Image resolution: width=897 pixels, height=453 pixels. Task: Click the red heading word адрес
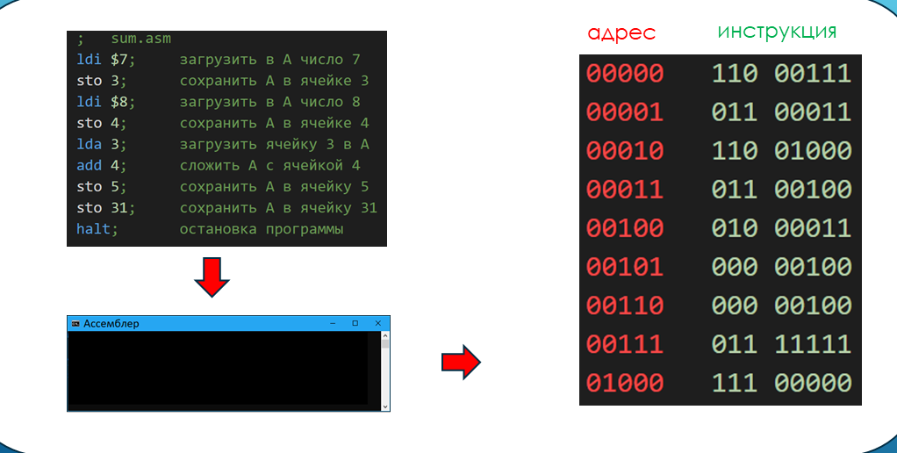tap(621, 33)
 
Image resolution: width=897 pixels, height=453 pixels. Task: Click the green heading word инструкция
tap(777, 32)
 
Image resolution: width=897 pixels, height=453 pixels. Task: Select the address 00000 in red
tap(625, 74)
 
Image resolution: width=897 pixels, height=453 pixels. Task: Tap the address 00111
tap(625, 344)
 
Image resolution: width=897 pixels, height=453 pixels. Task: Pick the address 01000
tap(625, 383)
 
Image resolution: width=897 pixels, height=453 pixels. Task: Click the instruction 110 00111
tap(781, 74)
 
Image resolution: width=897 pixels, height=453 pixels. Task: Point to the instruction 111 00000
tap(781, 383)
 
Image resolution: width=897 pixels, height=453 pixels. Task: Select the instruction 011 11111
tap(781, 344)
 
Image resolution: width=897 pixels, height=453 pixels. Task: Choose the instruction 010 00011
tap(781, 228)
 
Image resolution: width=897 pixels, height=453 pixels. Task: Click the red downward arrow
tap(212, 277)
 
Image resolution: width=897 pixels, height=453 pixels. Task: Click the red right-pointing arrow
tap(460, 361)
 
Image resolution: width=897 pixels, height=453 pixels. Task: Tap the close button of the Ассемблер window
tap(377, 324)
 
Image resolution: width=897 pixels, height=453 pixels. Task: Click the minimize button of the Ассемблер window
tap(333, 324)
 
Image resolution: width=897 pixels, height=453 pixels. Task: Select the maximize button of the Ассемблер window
tap(355, 324)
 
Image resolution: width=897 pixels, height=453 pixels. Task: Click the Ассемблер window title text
tap(111, 324)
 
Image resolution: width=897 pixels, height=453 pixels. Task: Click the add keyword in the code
tap(90, 165)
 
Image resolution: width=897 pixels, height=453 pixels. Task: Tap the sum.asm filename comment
tap(141, 39)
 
